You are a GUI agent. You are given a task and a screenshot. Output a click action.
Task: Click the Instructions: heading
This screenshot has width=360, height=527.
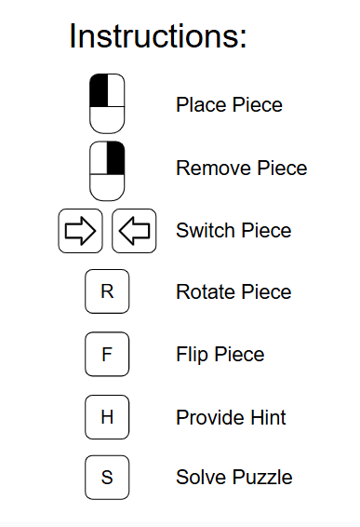(158, 37)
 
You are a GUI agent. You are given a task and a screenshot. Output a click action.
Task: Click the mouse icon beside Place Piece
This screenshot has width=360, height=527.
(107, 104)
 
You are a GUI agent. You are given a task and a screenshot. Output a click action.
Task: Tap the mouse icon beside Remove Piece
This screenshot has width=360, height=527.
(107, 169)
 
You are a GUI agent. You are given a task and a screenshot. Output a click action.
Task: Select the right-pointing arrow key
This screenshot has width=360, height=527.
(81, 231)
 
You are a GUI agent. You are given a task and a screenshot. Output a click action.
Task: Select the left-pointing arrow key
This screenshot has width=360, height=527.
(134, 231)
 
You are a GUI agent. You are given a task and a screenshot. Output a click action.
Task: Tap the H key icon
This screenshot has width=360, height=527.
(107, 416)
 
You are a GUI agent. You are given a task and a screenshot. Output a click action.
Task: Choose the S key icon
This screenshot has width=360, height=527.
(107, 478)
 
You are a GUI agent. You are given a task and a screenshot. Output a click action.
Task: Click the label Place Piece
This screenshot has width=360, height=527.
(229, 104)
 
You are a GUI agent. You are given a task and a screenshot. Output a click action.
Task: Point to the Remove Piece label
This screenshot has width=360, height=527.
(241, 169)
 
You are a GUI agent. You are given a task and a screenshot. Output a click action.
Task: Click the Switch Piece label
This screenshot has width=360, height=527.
(233, 231)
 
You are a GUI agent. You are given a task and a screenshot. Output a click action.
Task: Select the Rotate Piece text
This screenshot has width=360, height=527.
(233, 292)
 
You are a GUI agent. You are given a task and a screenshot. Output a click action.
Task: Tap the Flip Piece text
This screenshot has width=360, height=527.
(220, 355)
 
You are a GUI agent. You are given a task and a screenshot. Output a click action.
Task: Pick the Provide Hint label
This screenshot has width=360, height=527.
(231, 417)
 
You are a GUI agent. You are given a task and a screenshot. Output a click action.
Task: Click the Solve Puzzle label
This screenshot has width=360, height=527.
(234, 478)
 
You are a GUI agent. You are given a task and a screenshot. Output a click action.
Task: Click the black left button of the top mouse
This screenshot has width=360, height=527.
(99, 91)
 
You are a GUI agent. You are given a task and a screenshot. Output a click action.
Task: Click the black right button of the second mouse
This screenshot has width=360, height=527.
(115, 157)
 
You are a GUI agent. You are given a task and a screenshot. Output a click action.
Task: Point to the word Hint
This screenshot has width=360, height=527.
(266, 417)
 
